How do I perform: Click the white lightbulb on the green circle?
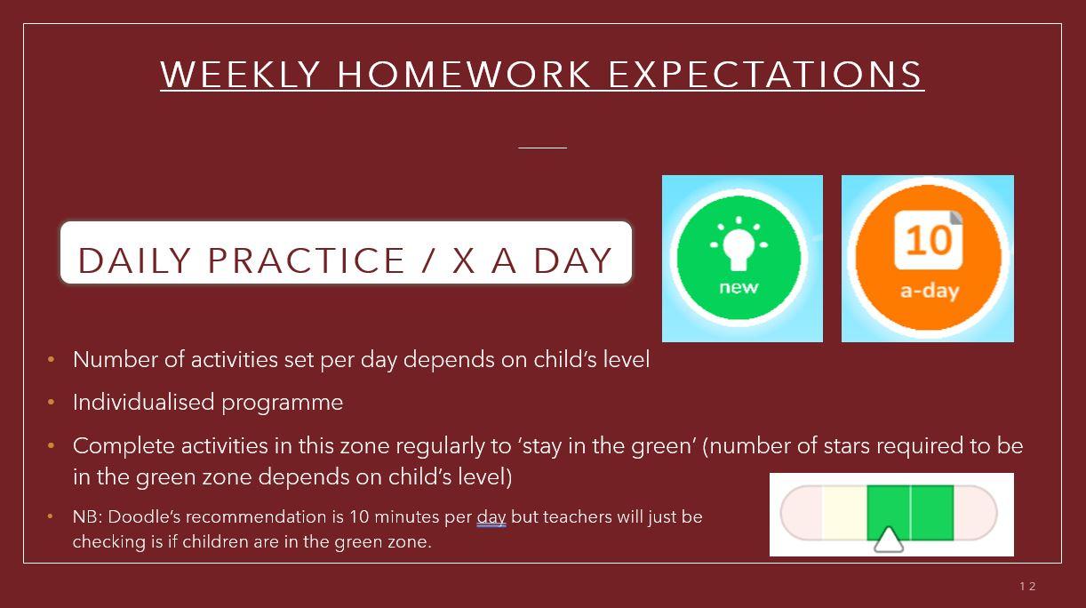(739, 243)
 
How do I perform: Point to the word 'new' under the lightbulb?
(739, 287)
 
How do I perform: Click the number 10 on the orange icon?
(928, 240)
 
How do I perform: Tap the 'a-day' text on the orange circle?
(930, 292)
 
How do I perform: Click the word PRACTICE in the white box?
(306, 260)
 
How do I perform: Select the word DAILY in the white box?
(134, 260)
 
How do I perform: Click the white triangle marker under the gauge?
(888, 540)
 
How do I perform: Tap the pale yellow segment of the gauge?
(844, 513)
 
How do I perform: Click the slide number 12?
(1027, 587)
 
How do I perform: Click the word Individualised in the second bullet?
(143, 403)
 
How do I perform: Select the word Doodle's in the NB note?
(145, 516)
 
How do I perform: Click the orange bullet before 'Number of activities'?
(51, 360)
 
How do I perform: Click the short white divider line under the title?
(542, 148)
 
